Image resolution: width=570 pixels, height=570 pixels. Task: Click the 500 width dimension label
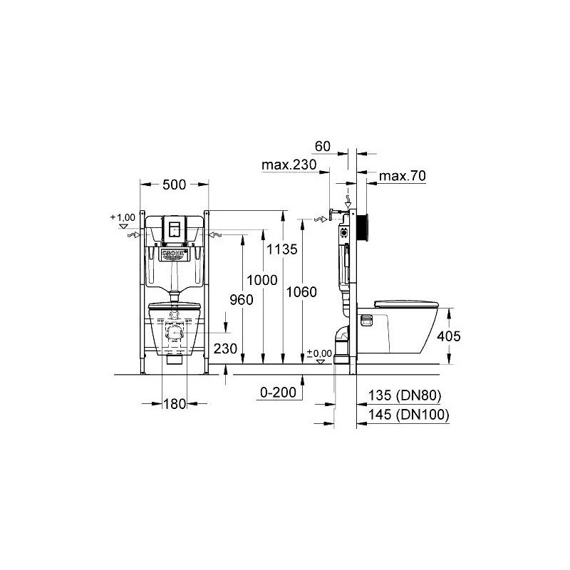pyautogui.click(x=174, y=185)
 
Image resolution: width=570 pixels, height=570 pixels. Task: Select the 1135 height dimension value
pyautogui.click(x=282, y=249)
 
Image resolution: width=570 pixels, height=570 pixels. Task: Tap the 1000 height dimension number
pyautogui.click(x=262, y=280)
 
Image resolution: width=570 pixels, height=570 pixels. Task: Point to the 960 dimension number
pyautogui.click(x=242, y=300)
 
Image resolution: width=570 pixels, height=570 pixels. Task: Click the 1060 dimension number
pyautogui.click(x=301, y=292)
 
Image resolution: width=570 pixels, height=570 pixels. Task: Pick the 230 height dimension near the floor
pyautogui.click(x=225, y=348)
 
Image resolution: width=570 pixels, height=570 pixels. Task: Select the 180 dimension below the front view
pyautogui.click(x=175, y=404)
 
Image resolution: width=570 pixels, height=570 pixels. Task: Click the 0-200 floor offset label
pyautogui.click(x=279, y=393)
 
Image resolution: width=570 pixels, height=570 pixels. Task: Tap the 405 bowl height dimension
pyautogui.click(x=449, y=336)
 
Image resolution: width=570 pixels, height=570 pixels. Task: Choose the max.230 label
pyautogui.click(x=289, y=165)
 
